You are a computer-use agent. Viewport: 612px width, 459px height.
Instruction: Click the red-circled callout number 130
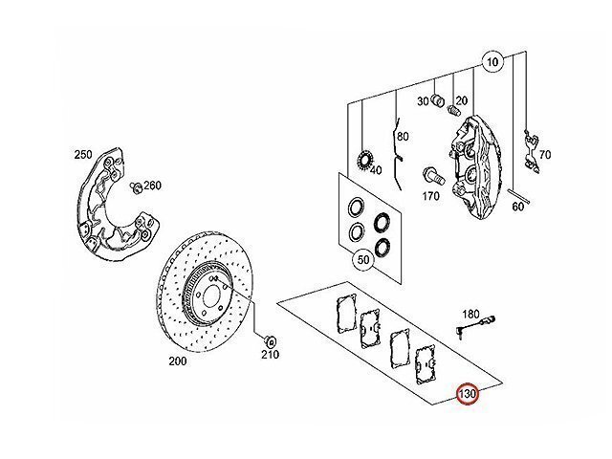[x=468, y=394]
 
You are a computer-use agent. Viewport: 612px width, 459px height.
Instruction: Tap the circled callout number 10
[x=492, y=61]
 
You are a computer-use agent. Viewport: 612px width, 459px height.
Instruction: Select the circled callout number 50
[x=363, y=259]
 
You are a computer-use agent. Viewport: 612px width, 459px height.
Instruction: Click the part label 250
[x=83, y=155]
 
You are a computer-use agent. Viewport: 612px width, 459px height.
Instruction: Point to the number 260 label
[x=152, y=185]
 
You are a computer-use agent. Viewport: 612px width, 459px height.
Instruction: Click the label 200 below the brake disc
[x=178, y=361]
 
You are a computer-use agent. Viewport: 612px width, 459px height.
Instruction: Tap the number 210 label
[x=270, y=355]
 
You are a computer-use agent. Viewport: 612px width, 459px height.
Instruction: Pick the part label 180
[x=470, y=314]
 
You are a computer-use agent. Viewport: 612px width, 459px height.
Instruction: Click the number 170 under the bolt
[x=430, y=196]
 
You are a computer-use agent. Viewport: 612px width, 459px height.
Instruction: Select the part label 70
[x=545, y=155]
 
